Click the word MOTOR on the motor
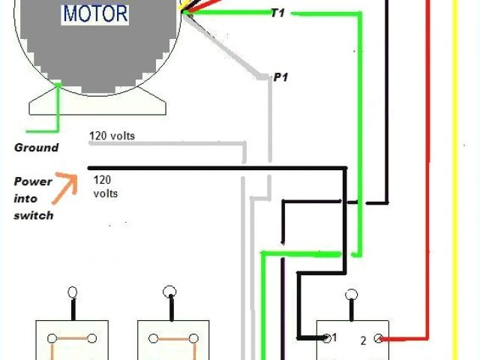[x=95, y=13]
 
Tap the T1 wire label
[x=277, y=13]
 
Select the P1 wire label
[x=280, y=77]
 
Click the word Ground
[x=36, y=148]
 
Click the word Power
[x=34, y=181]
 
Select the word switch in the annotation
[x=33, y=215]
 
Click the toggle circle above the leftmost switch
[x=72, y=292]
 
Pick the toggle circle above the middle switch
[x=170, y=292]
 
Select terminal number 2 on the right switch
[x=363, y=340]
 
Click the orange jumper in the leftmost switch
[x=70, y=338]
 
